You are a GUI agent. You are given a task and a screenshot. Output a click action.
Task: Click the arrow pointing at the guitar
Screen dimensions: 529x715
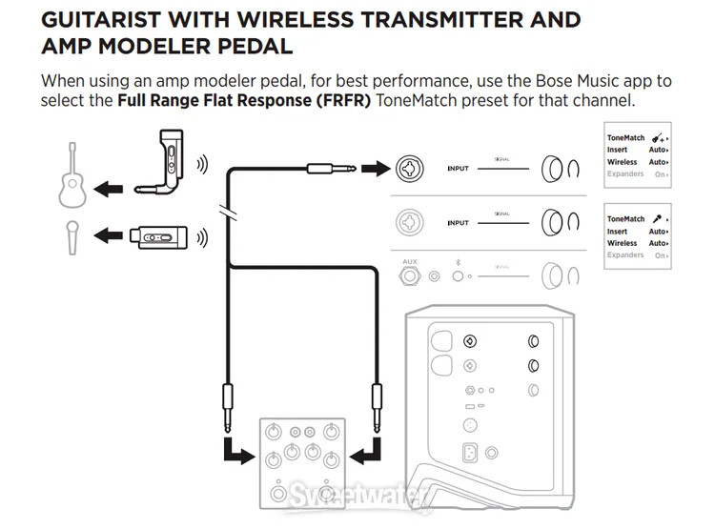(x=112, y=190)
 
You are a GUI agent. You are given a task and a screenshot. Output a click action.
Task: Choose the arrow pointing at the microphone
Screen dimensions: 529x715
(x=112, y=234)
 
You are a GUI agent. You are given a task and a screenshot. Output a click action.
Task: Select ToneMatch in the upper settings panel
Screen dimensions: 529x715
(x=625, y=138)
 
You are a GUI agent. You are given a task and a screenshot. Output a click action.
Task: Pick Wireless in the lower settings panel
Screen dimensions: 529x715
(x=623, y=243)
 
